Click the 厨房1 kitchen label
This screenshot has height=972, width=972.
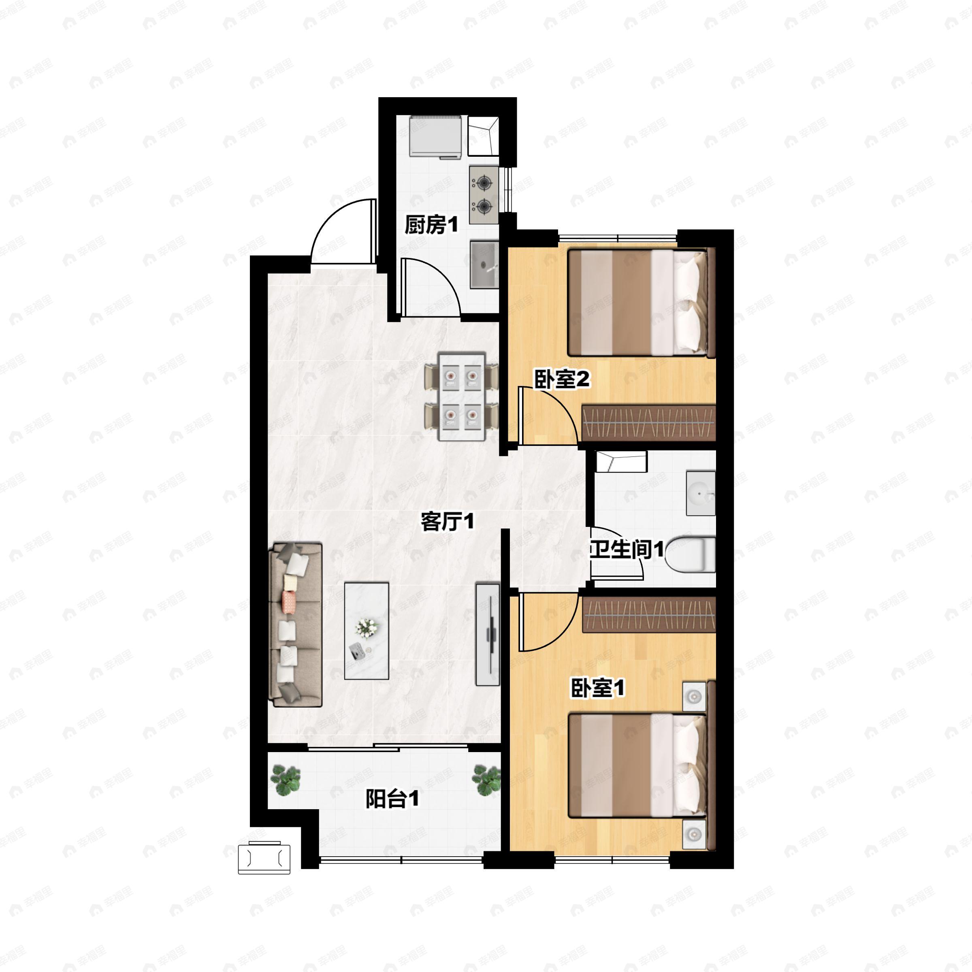[x=432, y=225]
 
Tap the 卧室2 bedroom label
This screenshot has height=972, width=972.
[x=562, y=379]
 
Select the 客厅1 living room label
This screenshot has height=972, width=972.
[x=447, y=522]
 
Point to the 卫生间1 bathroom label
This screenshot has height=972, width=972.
[x=627, y=550]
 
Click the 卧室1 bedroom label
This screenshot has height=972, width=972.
[x=597, y=688]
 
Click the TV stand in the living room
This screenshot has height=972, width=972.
[x=488, y=634]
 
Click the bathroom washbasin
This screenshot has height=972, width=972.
[x=701, y=493]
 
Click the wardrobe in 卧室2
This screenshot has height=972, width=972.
[x=648, y=422]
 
